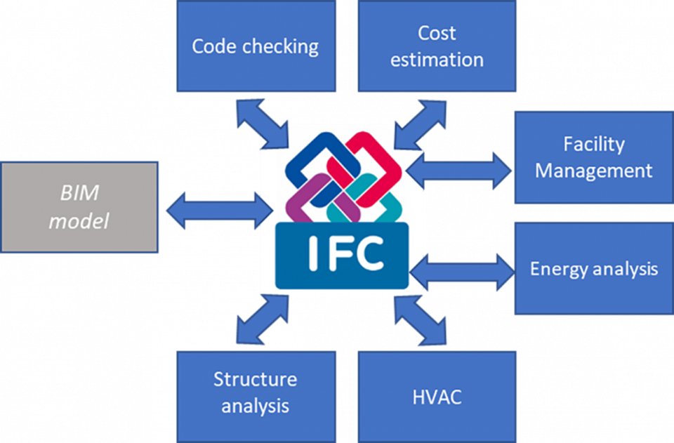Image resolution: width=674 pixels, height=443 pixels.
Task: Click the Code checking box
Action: [x=255, y=46]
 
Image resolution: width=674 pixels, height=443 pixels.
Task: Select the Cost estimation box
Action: [x=437, y=46]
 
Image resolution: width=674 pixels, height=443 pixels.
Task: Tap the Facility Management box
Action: [x=593, y=157]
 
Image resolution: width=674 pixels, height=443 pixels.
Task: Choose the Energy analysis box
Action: [x=593, y=268]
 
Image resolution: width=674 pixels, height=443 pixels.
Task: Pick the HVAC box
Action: [x=437, y=397]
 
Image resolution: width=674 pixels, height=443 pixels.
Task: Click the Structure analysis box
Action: [x=255, y=393]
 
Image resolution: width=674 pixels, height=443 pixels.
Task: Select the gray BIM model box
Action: [x=79, y=207]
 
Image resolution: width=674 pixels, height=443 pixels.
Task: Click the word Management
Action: [x=593, y=170]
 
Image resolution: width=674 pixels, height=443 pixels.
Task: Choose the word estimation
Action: [x=437, y=60]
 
